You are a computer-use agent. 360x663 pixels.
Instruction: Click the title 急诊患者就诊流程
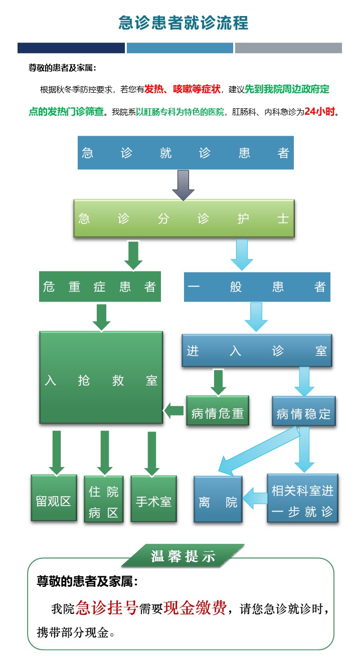click(183, 23)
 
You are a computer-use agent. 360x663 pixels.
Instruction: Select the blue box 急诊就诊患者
click(186, 153)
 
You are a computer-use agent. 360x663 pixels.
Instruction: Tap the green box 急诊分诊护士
click(184, 218)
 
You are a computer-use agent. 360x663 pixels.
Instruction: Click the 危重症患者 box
click(100, 287)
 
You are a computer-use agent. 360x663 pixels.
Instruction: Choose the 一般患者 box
click(257, 287)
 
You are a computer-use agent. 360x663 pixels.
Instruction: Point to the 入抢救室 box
click(101, 377)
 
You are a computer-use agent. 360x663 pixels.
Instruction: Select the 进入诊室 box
click(257, 350)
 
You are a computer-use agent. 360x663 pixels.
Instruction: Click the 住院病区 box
click(103, 499)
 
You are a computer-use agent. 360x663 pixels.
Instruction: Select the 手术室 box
click(153, 499)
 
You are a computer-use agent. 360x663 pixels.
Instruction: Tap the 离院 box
click(218, 499)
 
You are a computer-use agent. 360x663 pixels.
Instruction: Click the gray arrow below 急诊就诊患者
click(183, 184)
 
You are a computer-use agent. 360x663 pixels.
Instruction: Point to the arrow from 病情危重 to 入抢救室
click(174, 411)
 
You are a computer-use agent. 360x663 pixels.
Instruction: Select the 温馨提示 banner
click(183, 556)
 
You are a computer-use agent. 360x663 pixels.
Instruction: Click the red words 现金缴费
click(196, 607)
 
